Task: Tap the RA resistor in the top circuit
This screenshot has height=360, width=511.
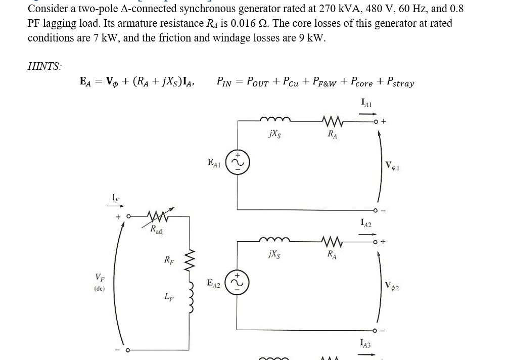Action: coord(333,121)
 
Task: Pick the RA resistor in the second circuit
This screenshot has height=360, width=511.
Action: coord(333,241)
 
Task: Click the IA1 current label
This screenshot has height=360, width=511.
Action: coord(366,103)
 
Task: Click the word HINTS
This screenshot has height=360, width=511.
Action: coord(44,66)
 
